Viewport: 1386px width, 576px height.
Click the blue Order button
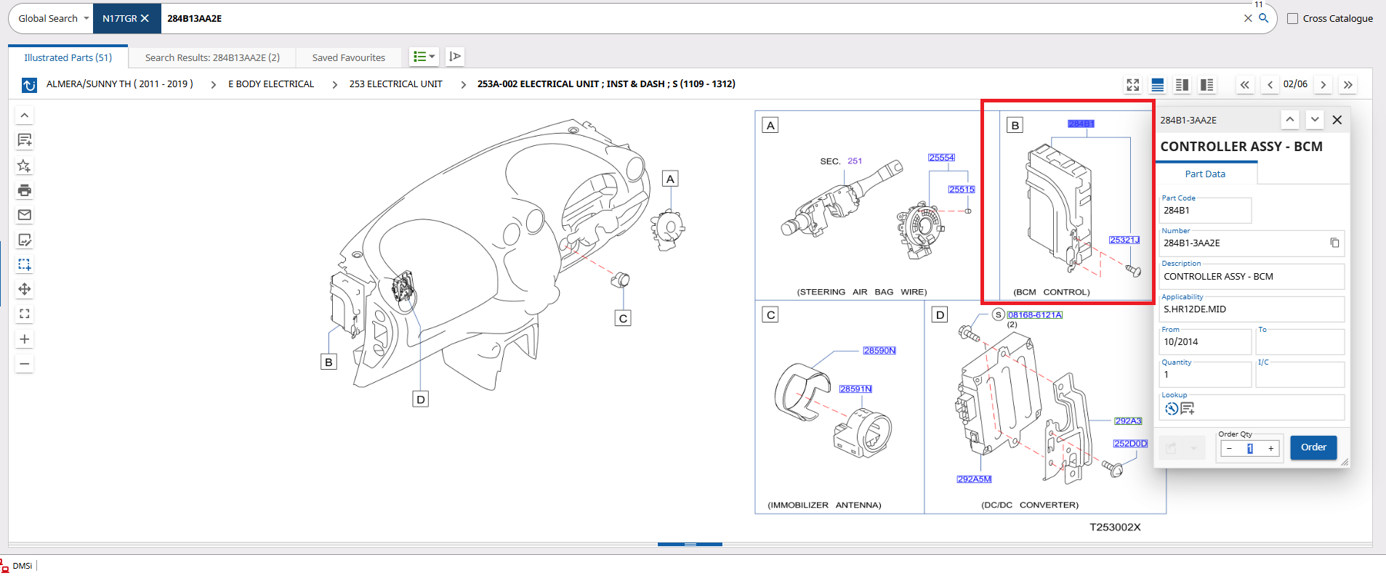coord(1313,447)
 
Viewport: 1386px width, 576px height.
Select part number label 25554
coord(941,158)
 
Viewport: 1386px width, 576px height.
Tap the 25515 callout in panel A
coord(961,190)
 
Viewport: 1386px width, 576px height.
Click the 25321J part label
coord(1124,240)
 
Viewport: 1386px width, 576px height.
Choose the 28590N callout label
coord(879,351)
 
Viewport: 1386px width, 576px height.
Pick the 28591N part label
coord(855,389)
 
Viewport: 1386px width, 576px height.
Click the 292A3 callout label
coord(1128,421)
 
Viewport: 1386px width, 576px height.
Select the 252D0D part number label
coord(1130,444)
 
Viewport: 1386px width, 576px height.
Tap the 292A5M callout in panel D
coord(974,479)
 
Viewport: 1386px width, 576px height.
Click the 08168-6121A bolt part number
coord(1035,315)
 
